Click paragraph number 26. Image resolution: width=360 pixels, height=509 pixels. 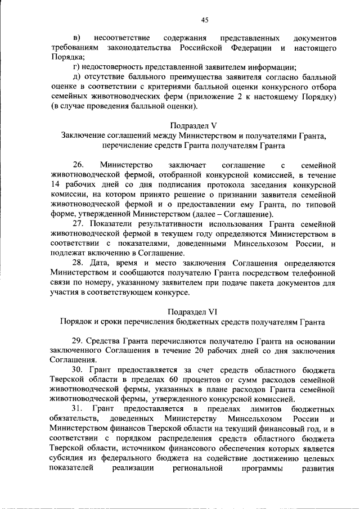tap(78, 165)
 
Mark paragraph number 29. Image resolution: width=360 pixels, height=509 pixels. tap(80, 341)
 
